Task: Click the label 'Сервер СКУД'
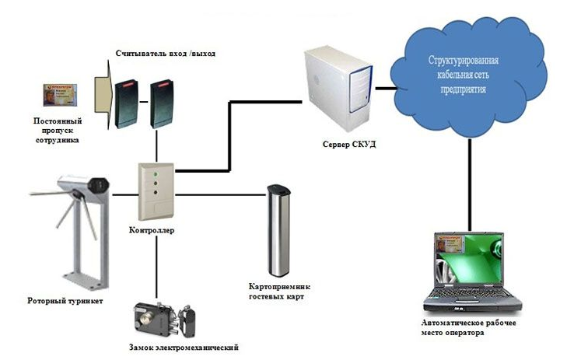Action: point(349,144)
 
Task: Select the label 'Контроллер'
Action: point(153,231)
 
